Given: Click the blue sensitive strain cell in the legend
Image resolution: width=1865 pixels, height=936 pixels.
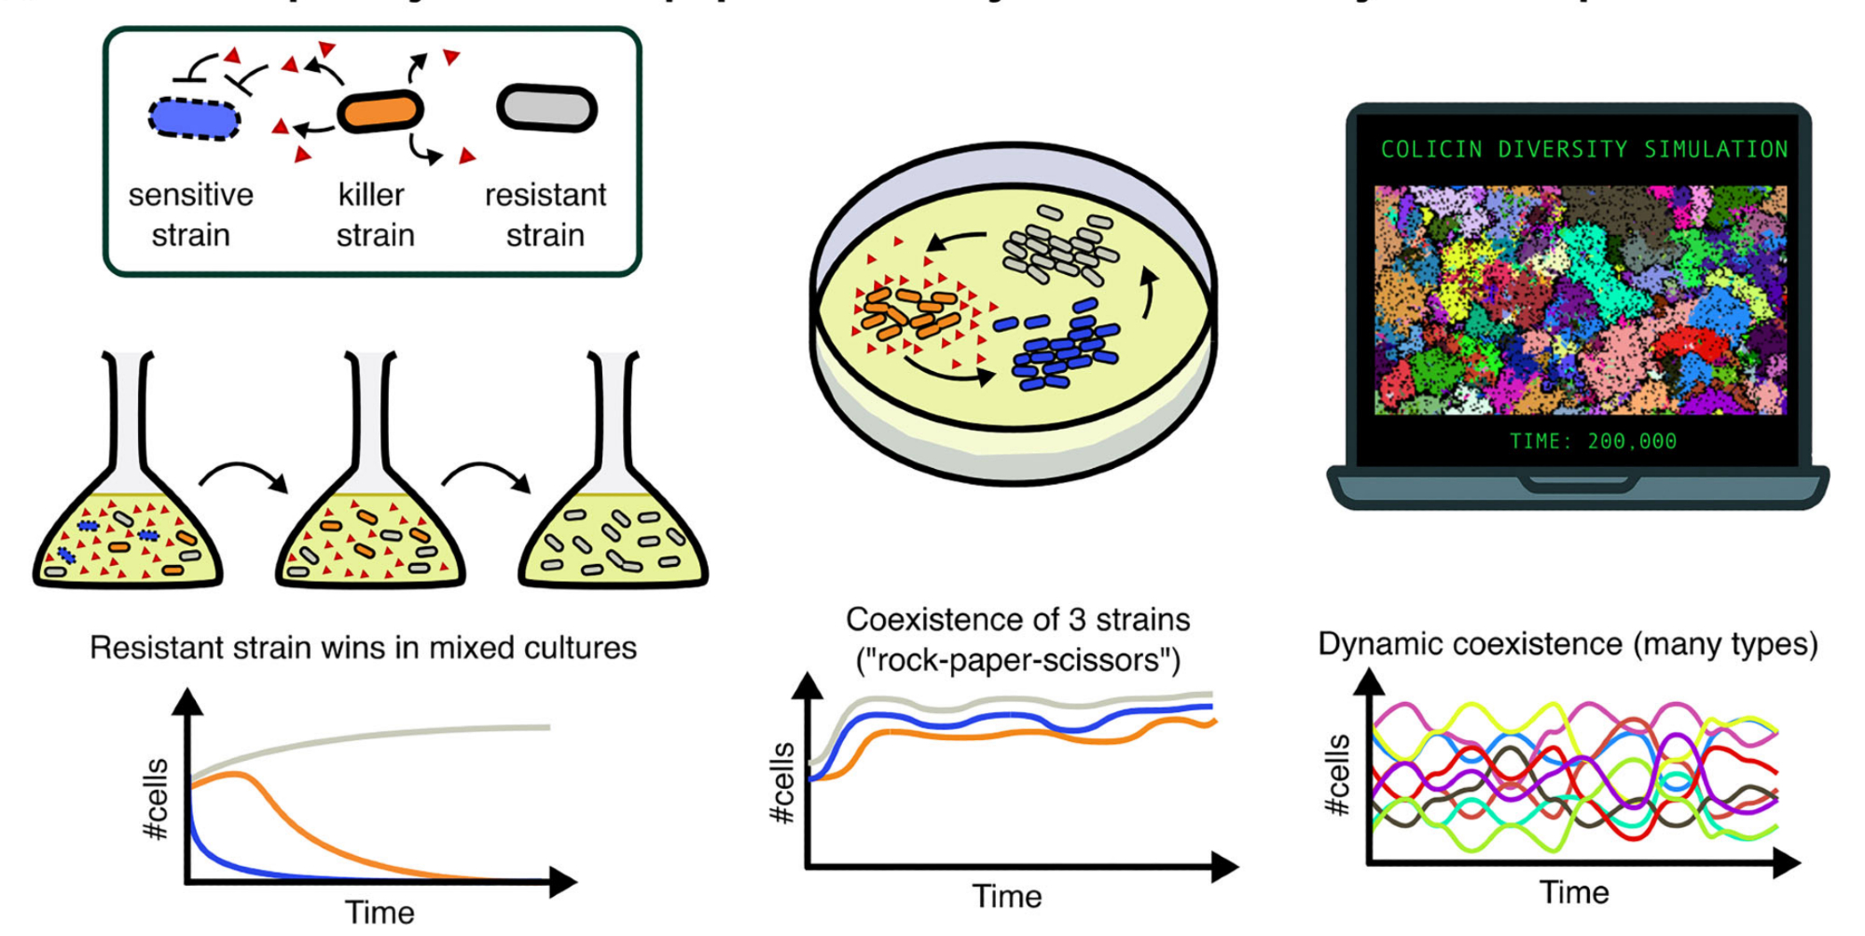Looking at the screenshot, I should [x=194, y=119].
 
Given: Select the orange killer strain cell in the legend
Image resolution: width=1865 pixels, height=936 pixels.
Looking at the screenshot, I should [x=380, y=111].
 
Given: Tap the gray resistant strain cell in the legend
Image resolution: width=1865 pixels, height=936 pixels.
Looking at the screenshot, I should [x=546, y=108].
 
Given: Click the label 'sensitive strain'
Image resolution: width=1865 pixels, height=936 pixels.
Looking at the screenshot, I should [x=190, y=214].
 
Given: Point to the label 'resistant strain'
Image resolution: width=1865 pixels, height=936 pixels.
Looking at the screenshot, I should [x=546, y=214].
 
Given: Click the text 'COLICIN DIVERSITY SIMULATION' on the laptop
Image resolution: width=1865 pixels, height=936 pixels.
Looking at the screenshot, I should [x=1583, y=149].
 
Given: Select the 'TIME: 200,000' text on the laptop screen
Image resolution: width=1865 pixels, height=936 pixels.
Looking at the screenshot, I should [x=1593, y=441].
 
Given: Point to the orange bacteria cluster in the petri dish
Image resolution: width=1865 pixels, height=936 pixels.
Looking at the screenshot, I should [x=909, y=312].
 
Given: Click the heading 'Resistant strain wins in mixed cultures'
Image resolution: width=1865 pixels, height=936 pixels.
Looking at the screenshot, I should [x=363, y=648].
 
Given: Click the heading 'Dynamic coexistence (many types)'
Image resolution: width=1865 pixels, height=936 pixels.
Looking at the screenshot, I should [x=1568, y=644].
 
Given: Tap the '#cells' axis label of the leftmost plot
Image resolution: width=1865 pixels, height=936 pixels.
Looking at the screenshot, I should [x=156, y=799].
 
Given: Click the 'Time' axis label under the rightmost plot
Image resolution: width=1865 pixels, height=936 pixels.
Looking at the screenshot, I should [x=1574, y=892].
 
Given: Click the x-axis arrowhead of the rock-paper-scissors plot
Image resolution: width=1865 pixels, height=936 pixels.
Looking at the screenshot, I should [x=1225, y=867].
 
